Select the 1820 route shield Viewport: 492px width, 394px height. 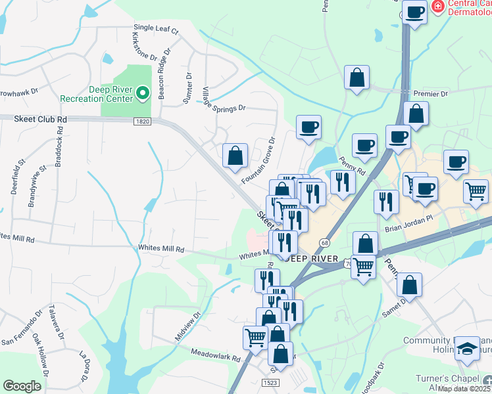tap(142, 121)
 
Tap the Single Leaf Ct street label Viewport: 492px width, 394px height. tap(156, 29)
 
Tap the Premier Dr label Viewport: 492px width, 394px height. tap(431, 94)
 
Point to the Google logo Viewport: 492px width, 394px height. tap(22, 386)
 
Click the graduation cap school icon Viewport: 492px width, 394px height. tap(467, 349)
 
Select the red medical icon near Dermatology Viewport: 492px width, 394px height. tap(437, 6)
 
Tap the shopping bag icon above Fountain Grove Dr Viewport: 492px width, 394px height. tap(235, 156)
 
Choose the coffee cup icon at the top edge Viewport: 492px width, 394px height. tap(414, 12)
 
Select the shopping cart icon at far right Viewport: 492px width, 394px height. tap(476, 191)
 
